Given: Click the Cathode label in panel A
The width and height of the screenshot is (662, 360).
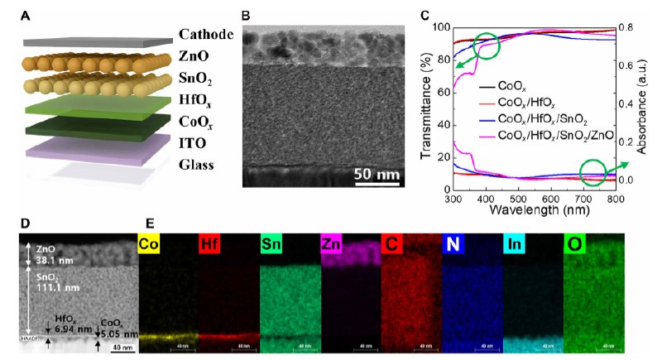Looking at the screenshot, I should (205, 35).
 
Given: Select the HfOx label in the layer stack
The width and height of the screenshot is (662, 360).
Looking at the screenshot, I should (199, 100).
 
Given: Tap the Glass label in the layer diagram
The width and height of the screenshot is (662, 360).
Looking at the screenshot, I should (197, 164).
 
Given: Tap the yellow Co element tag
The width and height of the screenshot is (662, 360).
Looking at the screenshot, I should (149, 244).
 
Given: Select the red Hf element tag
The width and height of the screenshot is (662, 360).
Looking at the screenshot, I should (209, 244).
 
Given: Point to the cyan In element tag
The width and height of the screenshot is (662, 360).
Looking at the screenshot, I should (514, 244).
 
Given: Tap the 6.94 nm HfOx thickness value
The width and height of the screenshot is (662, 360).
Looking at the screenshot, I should (65, 329).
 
